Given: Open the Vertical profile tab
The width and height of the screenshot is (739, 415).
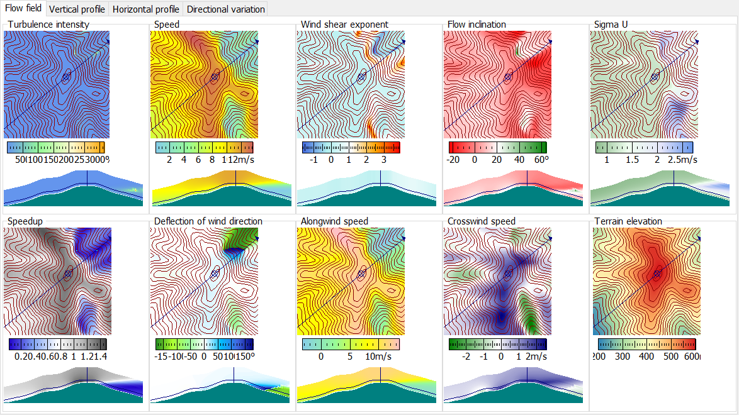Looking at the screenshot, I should [77, 9].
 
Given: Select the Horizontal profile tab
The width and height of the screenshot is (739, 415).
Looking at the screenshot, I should [146, 9].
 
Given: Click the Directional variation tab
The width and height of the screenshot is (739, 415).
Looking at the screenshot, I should [226, 9].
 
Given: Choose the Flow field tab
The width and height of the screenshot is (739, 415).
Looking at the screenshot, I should [23, 9].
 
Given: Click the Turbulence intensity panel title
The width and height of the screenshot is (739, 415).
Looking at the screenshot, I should [48, 25].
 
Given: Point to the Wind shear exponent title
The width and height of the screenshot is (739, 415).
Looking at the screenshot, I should [344, 25].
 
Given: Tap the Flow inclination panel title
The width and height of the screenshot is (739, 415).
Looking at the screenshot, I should [477, 25].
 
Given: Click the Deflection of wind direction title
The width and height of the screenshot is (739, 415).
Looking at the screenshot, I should [208, 221].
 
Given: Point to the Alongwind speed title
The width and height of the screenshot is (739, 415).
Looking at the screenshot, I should [335, 221].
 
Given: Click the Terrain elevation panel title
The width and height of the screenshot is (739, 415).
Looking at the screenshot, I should [628, 221].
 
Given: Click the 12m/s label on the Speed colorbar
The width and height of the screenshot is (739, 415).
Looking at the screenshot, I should [242, 160].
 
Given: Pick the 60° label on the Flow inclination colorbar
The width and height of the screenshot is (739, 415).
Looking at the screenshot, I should [541, 160].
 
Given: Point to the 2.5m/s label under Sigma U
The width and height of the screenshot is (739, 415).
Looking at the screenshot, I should [682, 160].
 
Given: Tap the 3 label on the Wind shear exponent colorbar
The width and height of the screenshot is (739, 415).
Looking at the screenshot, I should [383, 160].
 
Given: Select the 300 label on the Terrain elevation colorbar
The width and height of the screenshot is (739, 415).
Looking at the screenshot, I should [622, 357].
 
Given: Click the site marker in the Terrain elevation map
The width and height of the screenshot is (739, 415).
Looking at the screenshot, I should [658, 274].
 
